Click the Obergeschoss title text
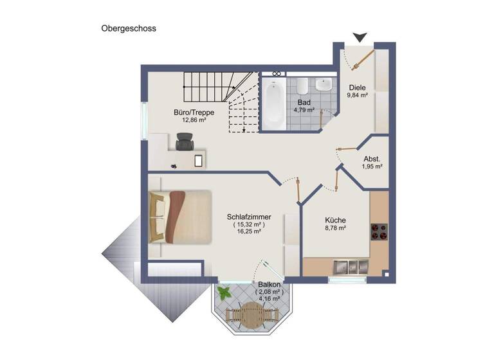coord(129,28)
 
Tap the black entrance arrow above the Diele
coord(360,38)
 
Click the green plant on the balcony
coord(224,293)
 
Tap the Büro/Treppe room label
coord(194,113)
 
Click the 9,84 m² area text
coord(357,95)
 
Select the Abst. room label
coord(371,158)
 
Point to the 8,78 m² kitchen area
coord(334,228)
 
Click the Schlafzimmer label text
coord(249,217)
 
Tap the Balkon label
coord(269,285)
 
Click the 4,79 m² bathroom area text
coord(304,110)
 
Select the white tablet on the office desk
coord(199,159)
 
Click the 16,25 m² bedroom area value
coord(249,231)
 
